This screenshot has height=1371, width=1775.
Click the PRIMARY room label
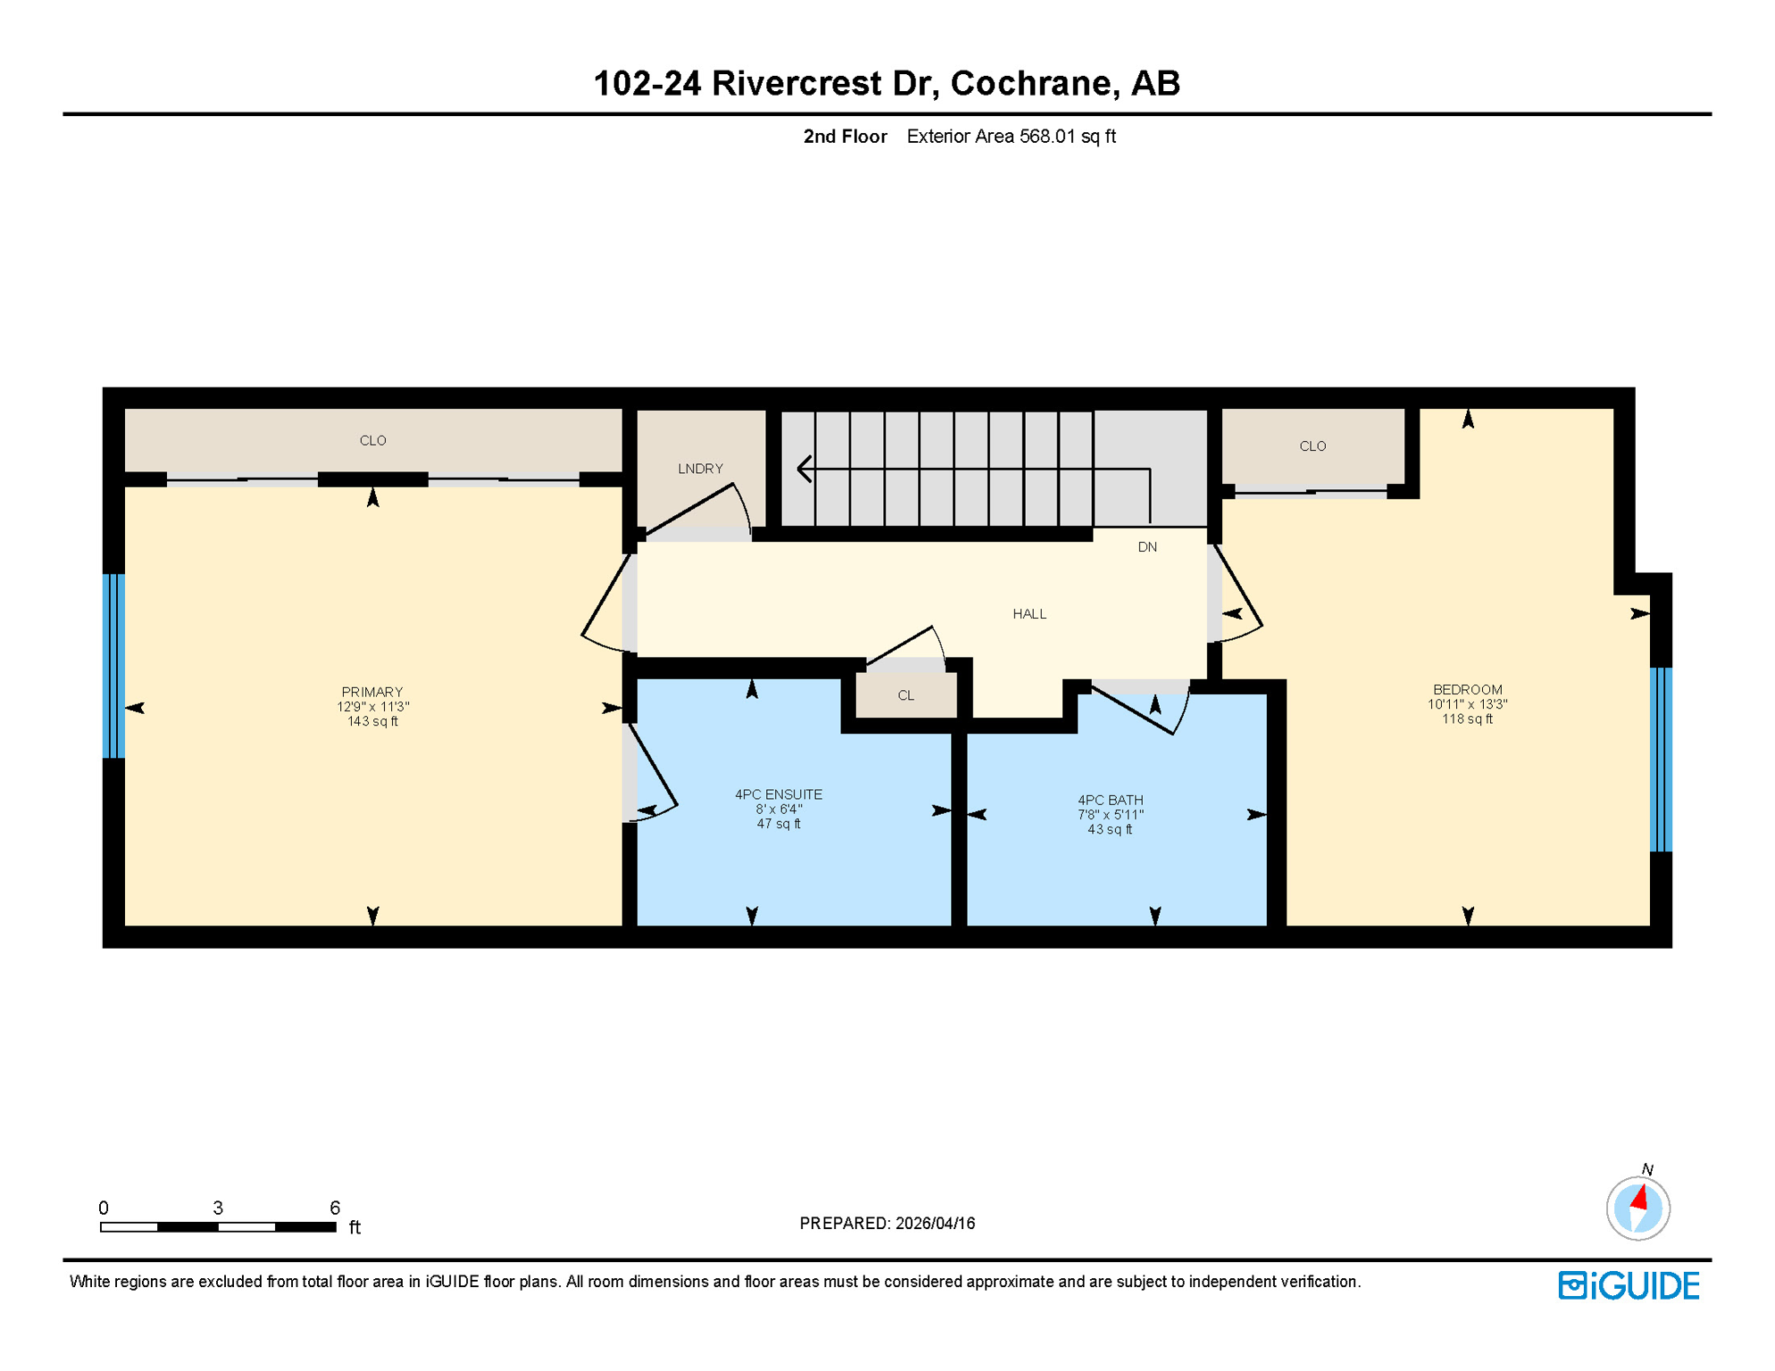pos(372,692)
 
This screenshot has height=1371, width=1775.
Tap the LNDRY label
pos(700,469)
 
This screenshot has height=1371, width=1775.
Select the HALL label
pos(1029,614)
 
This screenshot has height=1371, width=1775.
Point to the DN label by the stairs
pos(1146,547)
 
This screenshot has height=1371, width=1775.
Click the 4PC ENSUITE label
pos(778,794)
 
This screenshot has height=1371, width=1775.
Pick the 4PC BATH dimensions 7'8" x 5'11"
pos(1110,815)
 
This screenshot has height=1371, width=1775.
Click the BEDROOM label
pos(1467,690)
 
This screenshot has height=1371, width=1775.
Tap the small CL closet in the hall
pos(905,695)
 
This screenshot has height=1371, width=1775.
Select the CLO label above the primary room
pos(372,441)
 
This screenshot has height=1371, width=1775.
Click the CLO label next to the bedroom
pos(1312,446)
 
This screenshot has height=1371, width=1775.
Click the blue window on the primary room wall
pos(113,666)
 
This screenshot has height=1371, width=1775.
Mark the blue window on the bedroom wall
pos(1660,760)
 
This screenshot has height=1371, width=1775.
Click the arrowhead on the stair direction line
pos(804,469)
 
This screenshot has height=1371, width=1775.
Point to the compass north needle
pos(1639,1197)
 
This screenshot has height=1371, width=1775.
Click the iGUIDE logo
pos(1629,1285)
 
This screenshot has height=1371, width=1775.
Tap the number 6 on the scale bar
pos(335,1208)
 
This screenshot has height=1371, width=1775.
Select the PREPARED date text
pos(887,1223)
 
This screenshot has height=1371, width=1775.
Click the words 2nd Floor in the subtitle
pos(845,137)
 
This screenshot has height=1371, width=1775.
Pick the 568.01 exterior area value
pos(1046,137)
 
